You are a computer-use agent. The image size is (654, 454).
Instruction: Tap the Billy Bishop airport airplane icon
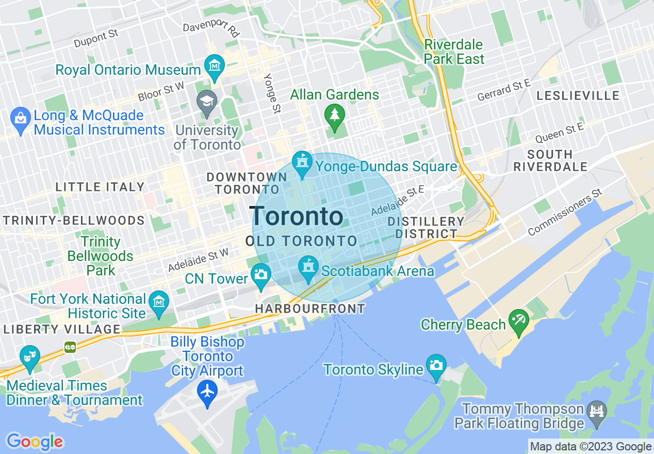[x=207, y=392]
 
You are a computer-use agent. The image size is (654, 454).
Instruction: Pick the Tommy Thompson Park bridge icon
[x=597, y=413]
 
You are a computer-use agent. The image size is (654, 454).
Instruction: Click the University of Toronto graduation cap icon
[x=207, y=101]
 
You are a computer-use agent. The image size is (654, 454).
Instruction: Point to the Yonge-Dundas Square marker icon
[x=302, y=163]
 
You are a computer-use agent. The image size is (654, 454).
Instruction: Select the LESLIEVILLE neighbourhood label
[x=578, y=95]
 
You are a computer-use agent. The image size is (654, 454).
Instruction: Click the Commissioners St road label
[x=565, y=213]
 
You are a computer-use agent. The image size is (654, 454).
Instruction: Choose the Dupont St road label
[x=96, y=39]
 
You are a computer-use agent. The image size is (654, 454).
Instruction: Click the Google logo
[x=35, y=442]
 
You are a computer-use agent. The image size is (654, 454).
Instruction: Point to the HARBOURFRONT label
[x=310, y=309]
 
